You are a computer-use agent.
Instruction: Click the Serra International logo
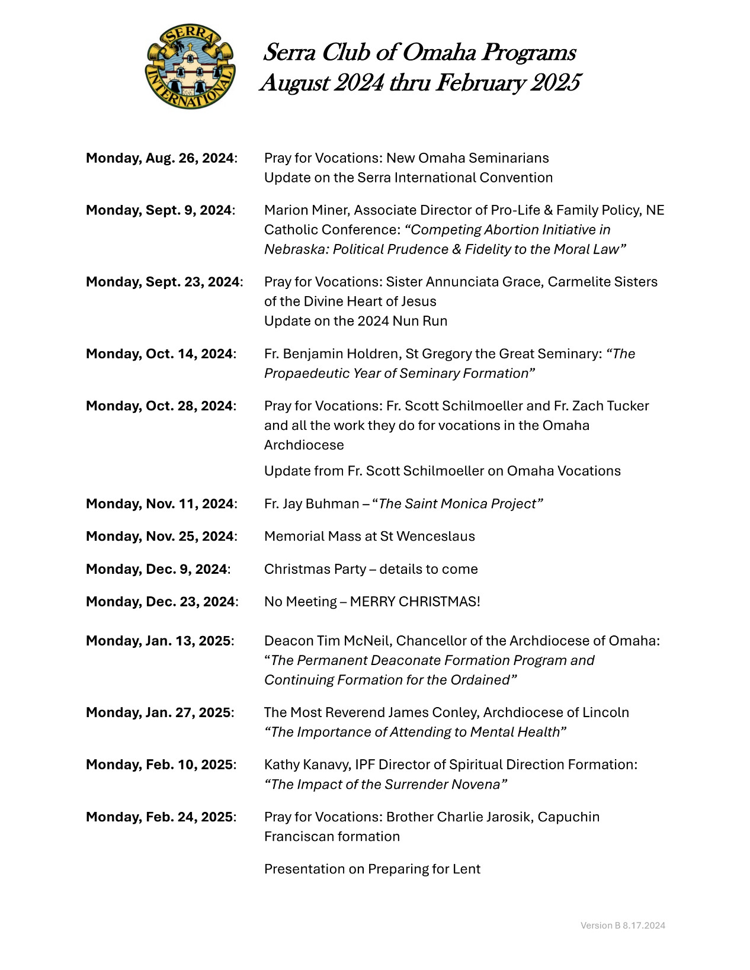(x=190, y=66)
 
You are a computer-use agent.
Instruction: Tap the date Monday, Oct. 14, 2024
(x=161, y=354)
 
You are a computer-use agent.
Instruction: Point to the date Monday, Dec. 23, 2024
(x=162, y=602)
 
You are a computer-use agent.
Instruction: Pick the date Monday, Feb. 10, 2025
(x=161, y=765)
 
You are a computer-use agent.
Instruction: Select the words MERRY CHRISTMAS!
(x=415, y=602)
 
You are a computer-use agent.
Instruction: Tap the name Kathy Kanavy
(x=306, y=765)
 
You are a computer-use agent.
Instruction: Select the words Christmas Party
(x=315, y=569)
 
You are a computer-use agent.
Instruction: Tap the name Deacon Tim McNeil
(x=327, y=641)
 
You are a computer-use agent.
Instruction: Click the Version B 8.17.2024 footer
(x=623, y=926)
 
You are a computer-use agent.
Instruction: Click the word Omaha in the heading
(x=439, y=53)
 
